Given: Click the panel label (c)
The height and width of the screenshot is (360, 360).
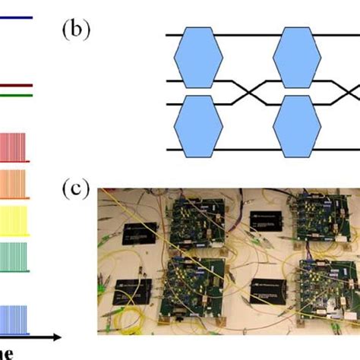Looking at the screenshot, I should tap(75, 188).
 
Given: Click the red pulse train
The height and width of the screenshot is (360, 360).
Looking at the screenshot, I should tap(17, 148).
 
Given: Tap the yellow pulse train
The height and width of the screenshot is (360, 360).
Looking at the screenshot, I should tap(17, 219).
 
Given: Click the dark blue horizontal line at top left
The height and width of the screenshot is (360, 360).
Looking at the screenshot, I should tap(16, 18).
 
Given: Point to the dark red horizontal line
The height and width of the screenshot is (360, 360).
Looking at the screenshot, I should tap(16, 86).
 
